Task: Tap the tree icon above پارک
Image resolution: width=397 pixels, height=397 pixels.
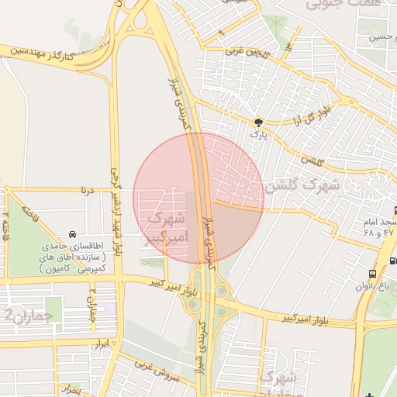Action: click(257, 122)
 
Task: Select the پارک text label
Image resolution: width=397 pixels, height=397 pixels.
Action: click(257, 134)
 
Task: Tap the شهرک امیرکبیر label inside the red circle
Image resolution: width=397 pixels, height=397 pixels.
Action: click(166, 227)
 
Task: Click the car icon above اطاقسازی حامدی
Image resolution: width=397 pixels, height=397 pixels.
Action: click(72, 234)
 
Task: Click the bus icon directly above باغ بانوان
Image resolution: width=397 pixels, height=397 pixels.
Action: click(373, 274)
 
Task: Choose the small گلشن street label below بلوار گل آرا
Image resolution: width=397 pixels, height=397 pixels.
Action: click(312, 160)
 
